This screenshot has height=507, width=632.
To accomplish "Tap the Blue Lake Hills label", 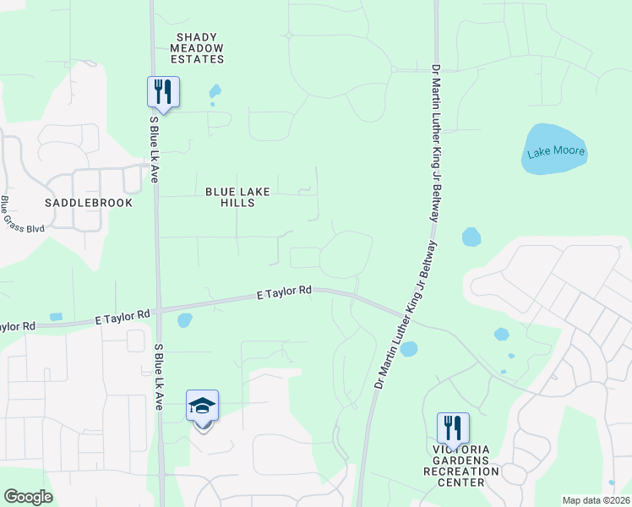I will [237, 198].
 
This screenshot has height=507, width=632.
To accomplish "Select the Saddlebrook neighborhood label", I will [89, 203].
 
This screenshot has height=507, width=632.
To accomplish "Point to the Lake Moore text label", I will [556, 153].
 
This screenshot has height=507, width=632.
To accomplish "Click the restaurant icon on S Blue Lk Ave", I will [163, 91].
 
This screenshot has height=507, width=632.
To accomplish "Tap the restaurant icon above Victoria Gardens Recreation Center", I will [452, 428].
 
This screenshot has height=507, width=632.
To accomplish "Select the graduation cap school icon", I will [202, 406].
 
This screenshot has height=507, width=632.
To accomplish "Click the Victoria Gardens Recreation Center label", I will [461, 471].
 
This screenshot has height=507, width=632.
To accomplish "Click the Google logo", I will [28, 497].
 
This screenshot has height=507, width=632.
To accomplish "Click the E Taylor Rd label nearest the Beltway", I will [284, 292].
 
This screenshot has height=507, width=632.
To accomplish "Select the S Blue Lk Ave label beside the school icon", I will [158, 377].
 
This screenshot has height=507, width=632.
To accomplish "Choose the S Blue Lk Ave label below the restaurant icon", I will [154, 144].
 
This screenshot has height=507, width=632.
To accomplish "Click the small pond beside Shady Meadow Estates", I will [215, 90].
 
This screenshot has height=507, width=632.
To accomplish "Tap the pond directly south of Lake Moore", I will [471, 237].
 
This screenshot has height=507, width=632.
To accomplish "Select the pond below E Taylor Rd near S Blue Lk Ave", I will [184, 320].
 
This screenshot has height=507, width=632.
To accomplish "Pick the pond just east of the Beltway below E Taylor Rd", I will [409, 349].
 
